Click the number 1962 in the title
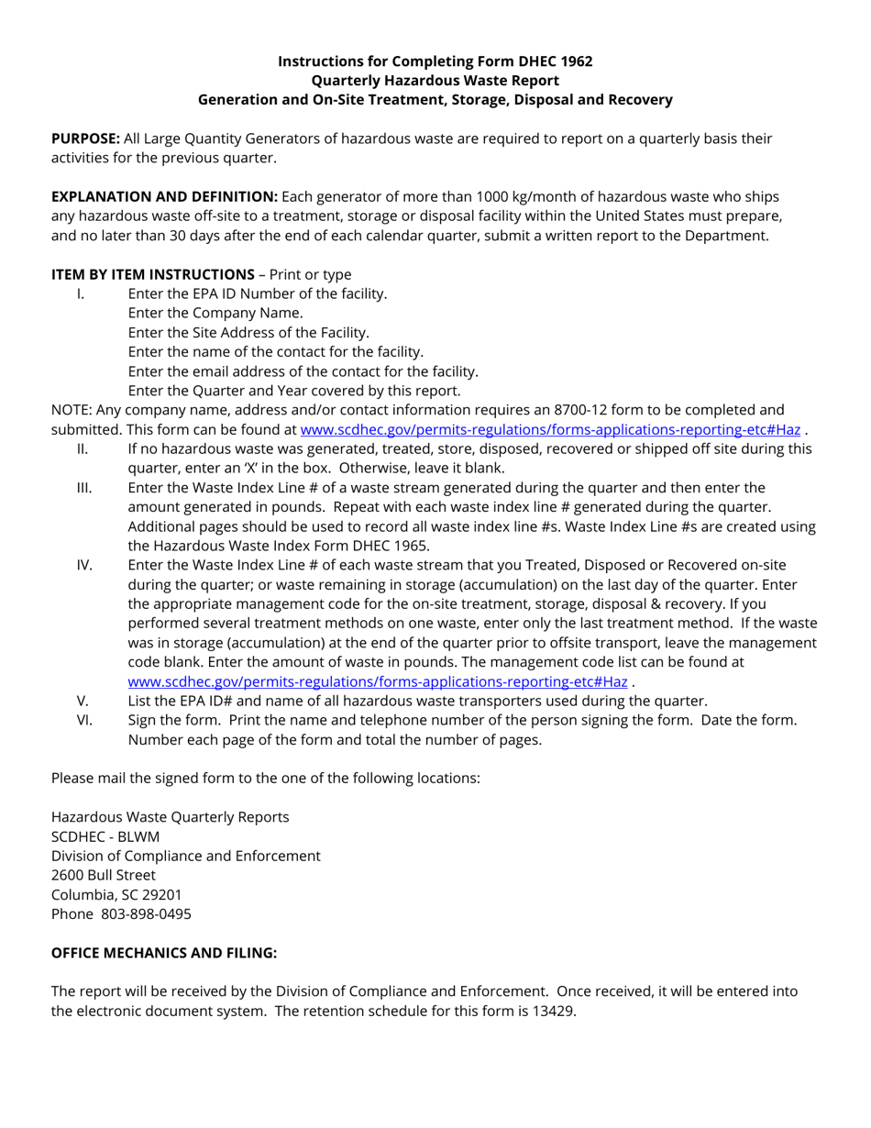[574, 61]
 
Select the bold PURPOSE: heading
[85, 138]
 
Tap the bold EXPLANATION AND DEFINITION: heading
[164, 196]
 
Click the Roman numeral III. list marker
[83, 487]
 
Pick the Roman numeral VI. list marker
[83, 720]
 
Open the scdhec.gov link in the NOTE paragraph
[550, 429]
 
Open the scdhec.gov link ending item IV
[378, 681]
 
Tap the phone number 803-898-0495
[146, 913]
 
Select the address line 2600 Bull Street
[103, 875]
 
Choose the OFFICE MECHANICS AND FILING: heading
[163, 952]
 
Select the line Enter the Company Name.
[215, 313]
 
